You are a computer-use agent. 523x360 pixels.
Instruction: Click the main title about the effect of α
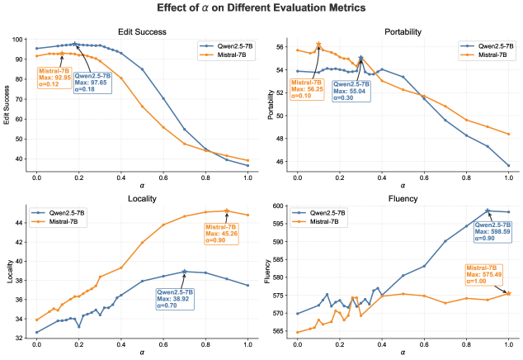[x=262, y=9]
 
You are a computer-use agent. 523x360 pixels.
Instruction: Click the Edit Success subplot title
[x=143, y=31]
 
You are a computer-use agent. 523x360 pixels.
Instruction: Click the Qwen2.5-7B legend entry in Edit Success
[x=226, y=45]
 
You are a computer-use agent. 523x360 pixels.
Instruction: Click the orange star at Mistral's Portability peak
[x=318, y=45]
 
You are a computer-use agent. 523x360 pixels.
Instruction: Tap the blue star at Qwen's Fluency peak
[x=488, y=211]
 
